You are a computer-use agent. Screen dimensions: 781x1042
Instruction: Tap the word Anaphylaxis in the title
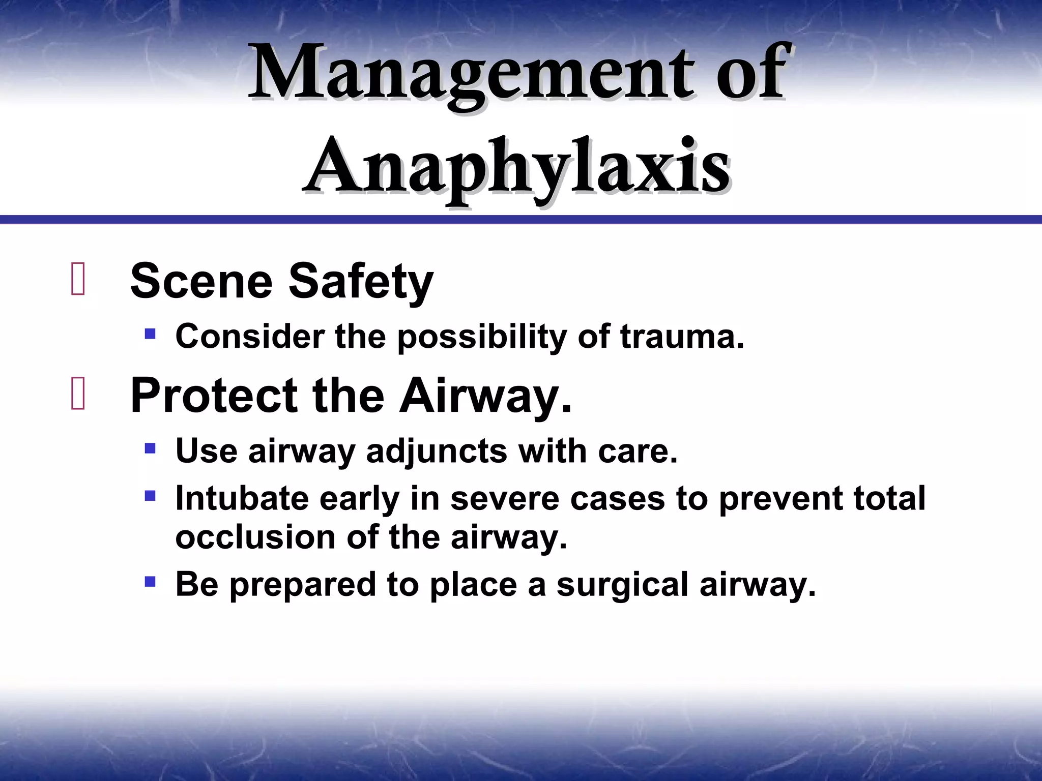coord(516,168)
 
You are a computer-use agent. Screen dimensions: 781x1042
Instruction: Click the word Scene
coord(201,282)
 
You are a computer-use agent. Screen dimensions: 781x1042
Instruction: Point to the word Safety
coord(361,283)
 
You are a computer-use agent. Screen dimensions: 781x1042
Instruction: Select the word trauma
coord(682,337)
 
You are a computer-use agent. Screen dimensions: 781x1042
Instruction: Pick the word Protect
coord(214,396)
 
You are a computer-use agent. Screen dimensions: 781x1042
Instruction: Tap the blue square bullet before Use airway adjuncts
coord(150,448)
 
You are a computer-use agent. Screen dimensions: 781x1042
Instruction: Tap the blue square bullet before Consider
coord(150,334)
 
